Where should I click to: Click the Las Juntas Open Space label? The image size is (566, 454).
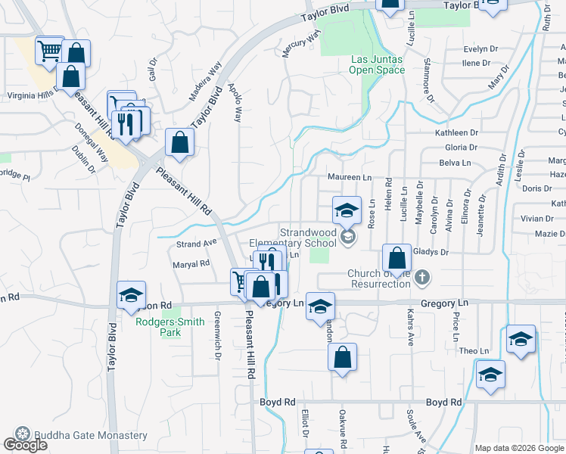(x=376, y=65)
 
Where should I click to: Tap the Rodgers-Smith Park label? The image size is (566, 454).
(x=169, y=326)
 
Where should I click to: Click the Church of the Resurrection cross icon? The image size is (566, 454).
(x=422, y=278)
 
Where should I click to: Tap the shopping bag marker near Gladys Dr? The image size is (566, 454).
(x=397, y=257)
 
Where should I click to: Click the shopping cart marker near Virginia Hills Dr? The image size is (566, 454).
(x=49, y=51)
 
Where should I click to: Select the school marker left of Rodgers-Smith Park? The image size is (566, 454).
(x=131, y=296)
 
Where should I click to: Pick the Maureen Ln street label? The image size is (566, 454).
(x=350, y=177)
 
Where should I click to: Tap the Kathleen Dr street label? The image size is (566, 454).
(x=457, y=132)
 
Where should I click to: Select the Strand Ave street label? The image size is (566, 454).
(x=196, y=244)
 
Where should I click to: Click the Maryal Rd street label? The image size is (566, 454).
(x=191, y=264)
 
